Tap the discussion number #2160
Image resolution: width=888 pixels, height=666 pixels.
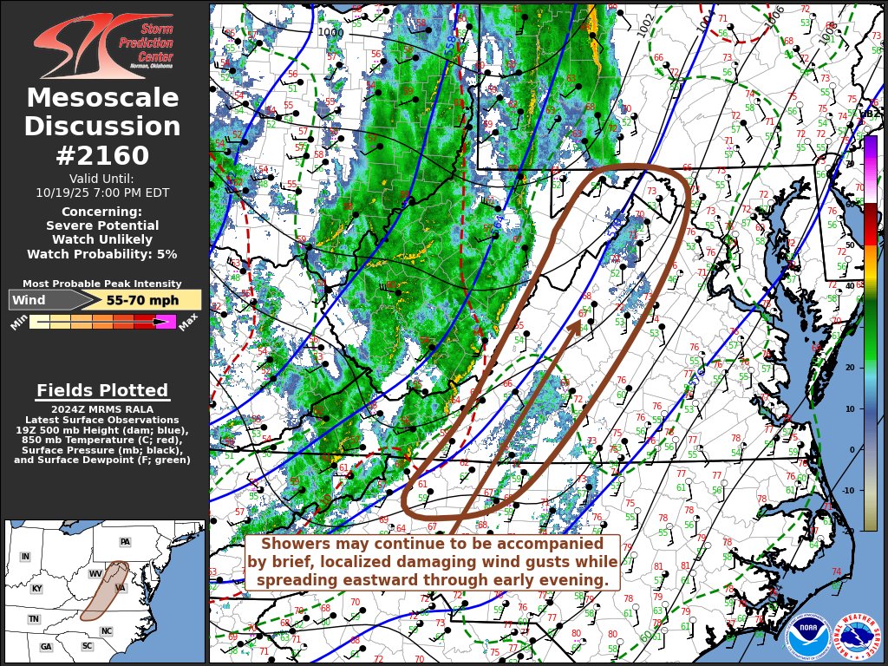(102, 155)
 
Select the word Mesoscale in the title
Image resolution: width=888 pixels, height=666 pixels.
(102, 99)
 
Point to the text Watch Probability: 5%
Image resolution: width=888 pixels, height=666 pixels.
(102, 254)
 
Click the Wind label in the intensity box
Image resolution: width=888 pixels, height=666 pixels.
(29, 300)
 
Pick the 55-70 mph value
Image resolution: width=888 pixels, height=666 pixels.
(142, 300)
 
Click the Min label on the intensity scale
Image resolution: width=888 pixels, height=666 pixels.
(19, 323)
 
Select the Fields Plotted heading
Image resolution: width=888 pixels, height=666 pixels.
(102, 390)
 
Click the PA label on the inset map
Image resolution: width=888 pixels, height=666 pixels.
(125, 542)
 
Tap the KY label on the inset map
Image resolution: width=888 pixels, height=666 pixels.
(36, 589)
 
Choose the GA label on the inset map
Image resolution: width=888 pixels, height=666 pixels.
(46, 647)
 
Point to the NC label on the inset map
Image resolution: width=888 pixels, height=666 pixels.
(106, 630)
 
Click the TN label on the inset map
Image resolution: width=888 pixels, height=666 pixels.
(33, 619)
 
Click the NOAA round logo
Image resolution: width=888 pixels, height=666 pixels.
(808, 637)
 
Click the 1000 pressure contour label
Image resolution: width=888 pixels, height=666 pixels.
(330, 32)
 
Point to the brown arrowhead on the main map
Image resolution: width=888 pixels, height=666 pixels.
(573, 326)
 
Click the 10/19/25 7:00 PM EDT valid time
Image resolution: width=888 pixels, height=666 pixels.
(102, 193)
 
